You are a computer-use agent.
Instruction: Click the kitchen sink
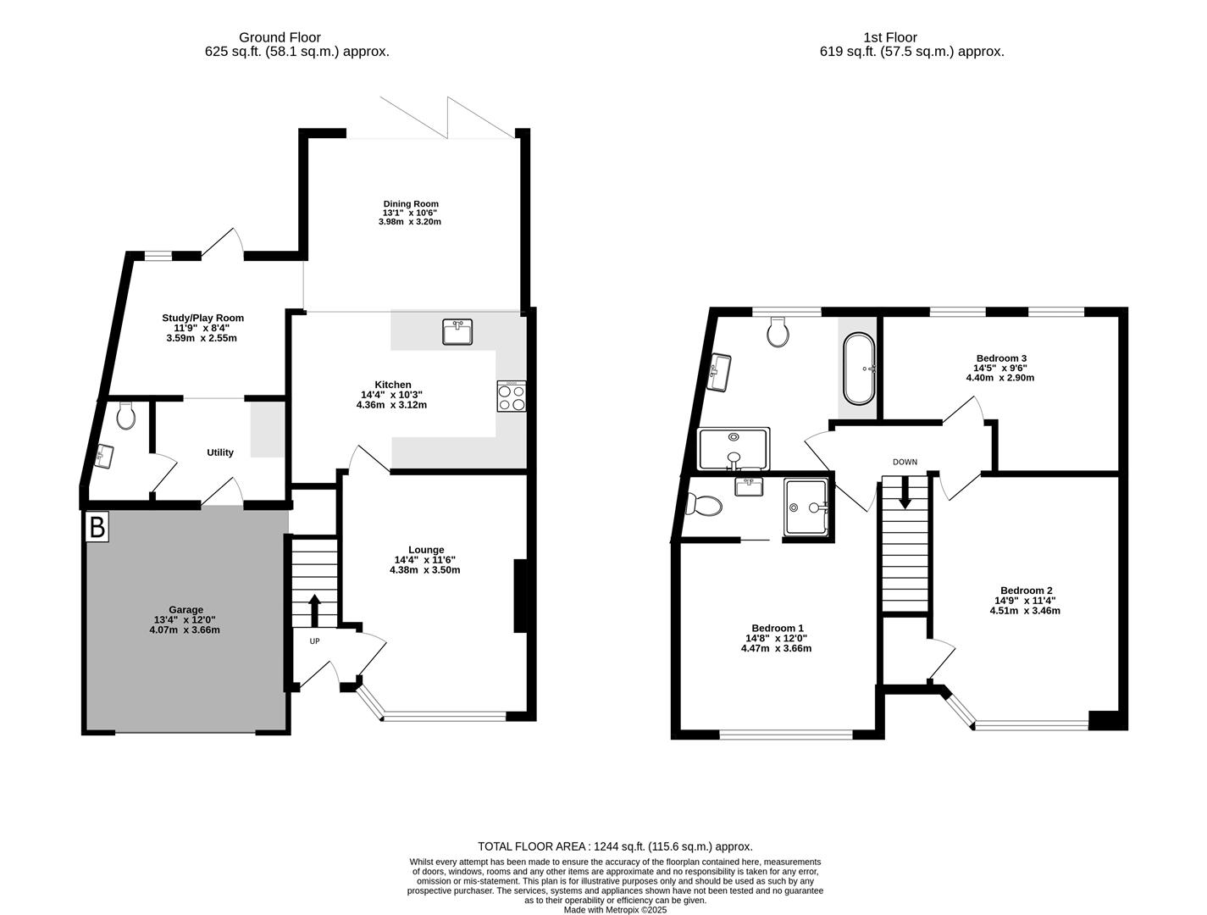tap(457, 331)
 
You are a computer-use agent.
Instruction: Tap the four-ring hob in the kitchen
tap(512, 397)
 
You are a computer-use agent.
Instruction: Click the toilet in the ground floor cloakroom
tap(126, 415)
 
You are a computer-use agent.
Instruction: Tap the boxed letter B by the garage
tap(97, 527)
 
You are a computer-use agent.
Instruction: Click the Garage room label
tap(185, 609)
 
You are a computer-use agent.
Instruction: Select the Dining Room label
tap(411, 203)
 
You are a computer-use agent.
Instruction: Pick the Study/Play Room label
tap(202, 318)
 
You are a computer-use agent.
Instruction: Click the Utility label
tap(220, 452)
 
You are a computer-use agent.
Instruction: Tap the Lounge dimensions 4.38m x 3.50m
tap(424, 570)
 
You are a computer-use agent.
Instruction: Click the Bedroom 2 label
tap(1026, 591)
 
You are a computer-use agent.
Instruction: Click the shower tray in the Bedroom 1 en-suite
tap(806, 507)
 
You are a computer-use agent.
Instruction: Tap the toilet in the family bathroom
tap(778, 332)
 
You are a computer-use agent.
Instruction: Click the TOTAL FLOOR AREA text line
tap(615, 846)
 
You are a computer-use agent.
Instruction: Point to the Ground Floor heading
tap(280, 37)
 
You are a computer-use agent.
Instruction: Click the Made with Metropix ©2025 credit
tap(616, 910)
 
